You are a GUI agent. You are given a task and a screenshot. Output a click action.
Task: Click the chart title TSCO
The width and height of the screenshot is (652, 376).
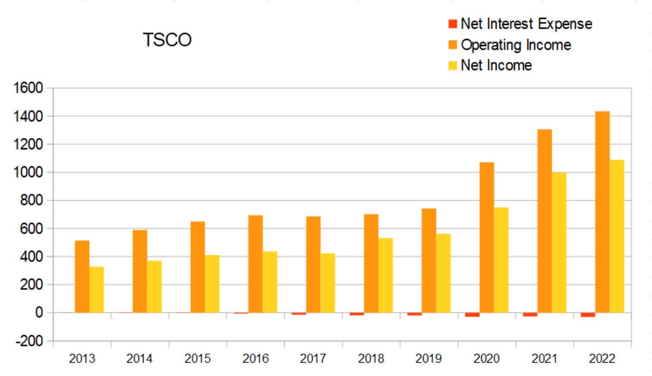pos(167,40)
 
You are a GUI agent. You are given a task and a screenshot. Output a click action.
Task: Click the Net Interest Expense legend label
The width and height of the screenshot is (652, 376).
pos(526,24)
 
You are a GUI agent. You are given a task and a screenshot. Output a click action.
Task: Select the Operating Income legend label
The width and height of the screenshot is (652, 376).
pos(516,45)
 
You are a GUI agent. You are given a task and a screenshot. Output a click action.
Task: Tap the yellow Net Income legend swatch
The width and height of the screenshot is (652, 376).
pos(452,65)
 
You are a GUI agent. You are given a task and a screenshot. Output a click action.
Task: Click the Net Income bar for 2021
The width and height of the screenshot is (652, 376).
pos(559,242)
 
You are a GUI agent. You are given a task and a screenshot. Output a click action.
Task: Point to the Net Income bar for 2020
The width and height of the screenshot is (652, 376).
pos(501,260)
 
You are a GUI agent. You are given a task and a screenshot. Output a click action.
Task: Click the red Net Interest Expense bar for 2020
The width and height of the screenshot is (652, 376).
pos(472,315)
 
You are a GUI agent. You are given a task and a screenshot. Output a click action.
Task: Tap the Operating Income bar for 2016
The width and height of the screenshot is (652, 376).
pos(255,264)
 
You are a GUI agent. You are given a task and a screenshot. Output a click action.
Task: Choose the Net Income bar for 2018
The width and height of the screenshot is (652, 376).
pos(386,275)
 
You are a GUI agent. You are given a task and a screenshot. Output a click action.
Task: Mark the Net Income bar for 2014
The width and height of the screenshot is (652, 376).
pos(154,286)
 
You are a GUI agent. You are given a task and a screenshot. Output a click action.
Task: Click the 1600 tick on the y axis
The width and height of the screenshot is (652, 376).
pos(28,88)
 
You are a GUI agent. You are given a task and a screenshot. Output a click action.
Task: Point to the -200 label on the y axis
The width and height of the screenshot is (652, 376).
pos(29,341)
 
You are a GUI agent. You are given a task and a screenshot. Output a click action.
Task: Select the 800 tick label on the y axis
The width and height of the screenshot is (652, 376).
pos(31,200)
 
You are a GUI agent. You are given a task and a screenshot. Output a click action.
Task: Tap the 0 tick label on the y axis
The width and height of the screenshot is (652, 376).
pos(39,312)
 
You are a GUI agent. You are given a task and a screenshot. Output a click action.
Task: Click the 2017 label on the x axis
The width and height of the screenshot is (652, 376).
pos(313,358)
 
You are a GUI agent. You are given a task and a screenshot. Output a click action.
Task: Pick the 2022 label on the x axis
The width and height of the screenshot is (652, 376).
pos(602,358)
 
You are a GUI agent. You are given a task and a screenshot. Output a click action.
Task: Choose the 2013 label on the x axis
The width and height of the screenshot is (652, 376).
pos(82,358)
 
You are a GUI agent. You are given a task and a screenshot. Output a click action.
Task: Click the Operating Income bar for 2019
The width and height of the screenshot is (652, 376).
pos(429,261)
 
